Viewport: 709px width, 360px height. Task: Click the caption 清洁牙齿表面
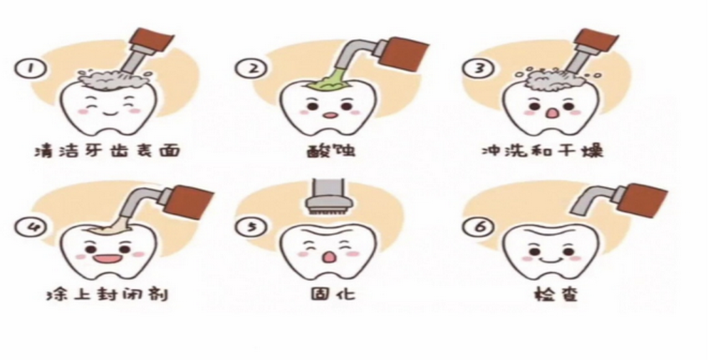(x=107, y=150)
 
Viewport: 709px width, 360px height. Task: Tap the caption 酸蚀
(x=331, y=150)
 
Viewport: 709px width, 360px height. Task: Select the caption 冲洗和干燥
(x=542, y=150)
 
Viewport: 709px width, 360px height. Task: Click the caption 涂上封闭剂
(x=107, y=294)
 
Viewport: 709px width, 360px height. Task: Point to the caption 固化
(x=332, y=294)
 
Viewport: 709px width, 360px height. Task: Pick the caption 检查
(x=556, y=294)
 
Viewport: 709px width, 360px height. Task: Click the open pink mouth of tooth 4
(x=107, y=259)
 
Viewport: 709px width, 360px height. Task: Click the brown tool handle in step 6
(x=642, y=201)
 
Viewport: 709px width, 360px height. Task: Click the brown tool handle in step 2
(x=403, y=52)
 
